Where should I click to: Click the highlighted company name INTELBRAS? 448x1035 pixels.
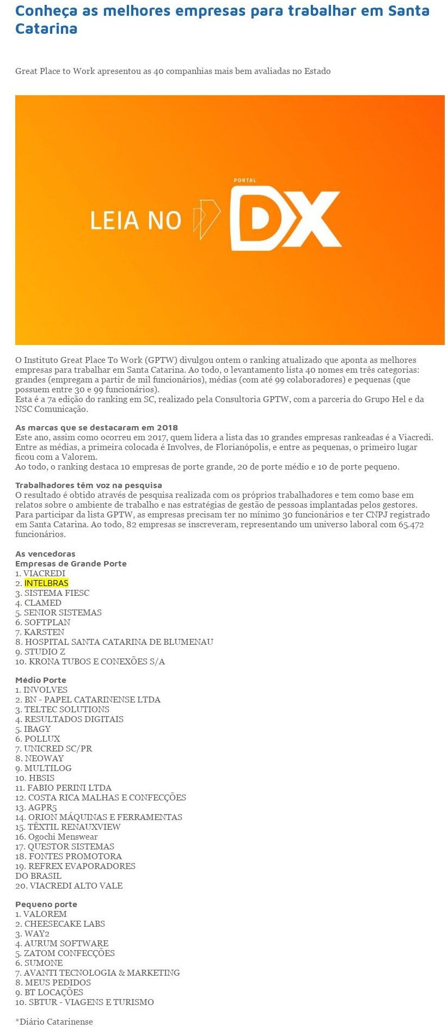(46, 583)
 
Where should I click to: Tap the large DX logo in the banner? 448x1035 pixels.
(285, 218)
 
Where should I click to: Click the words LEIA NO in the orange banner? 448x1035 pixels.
(136, 220)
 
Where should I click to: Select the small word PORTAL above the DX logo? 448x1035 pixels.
(244, 180)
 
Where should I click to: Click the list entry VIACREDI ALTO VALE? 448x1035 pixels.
(76, 885)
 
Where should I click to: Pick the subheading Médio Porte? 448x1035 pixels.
(41, 680)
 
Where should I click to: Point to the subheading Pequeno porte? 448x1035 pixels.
(46, 904)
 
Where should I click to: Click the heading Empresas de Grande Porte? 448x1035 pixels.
(71, 563)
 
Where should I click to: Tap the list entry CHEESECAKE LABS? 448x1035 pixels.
(64, 923)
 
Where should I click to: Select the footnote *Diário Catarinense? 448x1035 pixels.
(54, 1021)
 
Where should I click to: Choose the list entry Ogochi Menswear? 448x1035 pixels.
(63, 836)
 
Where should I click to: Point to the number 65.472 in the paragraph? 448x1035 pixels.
(411, 524)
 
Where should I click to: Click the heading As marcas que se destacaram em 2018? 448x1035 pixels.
(96, 427)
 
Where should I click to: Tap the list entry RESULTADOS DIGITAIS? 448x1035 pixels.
(73, 719)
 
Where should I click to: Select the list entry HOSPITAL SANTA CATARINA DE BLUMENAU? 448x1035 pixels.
(119, 642)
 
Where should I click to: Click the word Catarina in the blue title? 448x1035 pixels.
(46, 28)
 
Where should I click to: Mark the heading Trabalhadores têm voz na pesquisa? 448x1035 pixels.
(89, 485)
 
